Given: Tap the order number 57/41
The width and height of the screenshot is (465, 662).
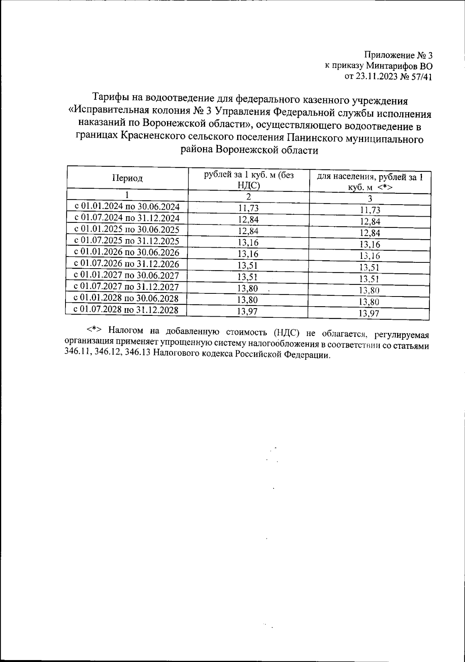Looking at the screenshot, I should (x=422, y=76).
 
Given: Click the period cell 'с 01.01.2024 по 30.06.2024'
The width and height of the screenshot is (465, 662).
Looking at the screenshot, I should (x=127, y=206).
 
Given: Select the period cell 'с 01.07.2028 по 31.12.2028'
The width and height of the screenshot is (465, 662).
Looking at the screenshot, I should (x=126, y=309).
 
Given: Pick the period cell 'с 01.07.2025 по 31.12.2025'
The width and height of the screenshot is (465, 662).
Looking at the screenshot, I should (x=127, y=241).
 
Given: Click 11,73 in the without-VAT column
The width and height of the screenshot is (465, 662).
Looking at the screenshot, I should (x=248, y=209).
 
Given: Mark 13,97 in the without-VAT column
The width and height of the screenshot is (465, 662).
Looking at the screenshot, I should (x=248, y=311).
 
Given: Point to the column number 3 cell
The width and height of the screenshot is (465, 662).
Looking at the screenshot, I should (x=370, y=199).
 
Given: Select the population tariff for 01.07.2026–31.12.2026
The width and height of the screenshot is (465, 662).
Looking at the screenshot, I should (x=369, y=267).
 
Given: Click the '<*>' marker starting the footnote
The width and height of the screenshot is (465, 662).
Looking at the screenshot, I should (x=94, y=330).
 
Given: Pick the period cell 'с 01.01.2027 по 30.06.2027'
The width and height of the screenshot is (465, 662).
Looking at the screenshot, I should (x=126, y=275).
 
